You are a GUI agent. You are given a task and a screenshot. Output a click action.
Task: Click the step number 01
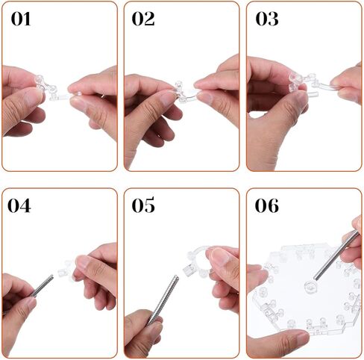21,19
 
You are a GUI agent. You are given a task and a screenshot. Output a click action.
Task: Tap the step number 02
143,19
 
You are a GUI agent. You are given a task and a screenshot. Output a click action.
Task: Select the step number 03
267,19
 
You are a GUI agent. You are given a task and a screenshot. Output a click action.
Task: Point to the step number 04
19,206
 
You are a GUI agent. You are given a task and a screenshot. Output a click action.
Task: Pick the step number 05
143,205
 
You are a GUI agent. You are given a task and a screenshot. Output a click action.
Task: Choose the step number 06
267,206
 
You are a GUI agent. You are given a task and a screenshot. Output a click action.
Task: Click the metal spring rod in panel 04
42,286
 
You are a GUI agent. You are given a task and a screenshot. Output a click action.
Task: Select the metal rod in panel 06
336,255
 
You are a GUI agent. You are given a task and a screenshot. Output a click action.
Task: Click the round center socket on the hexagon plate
311,287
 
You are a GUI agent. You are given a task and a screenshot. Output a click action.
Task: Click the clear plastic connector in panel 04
65,269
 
